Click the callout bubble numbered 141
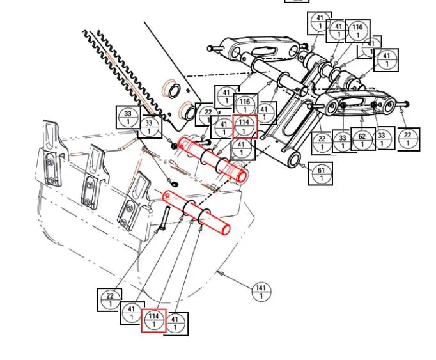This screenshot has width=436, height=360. point(261,291)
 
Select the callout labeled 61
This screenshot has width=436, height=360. point(321,173)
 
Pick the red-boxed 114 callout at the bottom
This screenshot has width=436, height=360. point(153,320)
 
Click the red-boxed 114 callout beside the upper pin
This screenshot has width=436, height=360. point(244,126)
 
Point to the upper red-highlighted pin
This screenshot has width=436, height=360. point(214,159)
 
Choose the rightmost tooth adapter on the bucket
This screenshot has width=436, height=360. point(136,200)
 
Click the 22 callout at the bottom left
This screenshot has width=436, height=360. point(110,299)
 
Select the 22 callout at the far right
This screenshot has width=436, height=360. point(408,139)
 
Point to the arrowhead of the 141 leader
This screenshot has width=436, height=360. point(219,272)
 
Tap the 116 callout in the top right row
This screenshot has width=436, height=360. point(357,31)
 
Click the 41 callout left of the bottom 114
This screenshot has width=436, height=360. point(132,313)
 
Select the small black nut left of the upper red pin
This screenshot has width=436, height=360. point(175,146)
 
